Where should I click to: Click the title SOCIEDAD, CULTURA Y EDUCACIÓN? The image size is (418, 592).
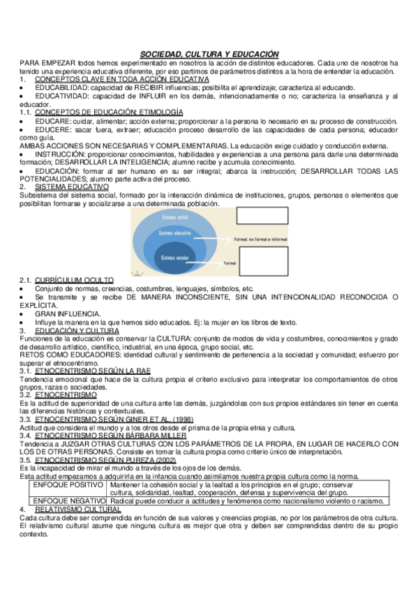pyautogui.click(x=209, y=54)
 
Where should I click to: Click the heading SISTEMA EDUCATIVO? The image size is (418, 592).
pyautogui.click(x=72, y=186)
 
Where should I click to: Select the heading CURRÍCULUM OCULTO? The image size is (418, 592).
pyautogui.click(x=75, y=280)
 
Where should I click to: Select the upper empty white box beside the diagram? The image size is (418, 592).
pyautogui.click(x=262, y=215)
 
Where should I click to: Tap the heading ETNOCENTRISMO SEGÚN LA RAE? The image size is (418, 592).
pyautogui.click(x=92, y=371)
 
